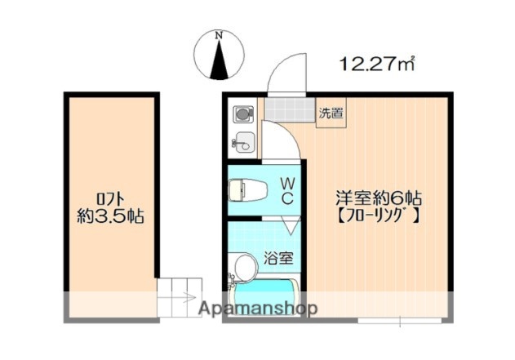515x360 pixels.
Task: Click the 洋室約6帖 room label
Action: [x=378, y=198]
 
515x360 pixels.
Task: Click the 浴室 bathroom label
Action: [x=279, y=259]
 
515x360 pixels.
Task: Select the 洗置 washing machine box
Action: [x=330, y=113]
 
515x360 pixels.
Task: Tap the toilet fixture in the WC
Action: [x=246, y=189]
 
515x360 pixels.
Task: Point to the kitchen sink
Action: [x=242, y=142]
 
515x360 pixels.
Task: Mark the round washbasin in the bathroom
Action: [x=242, y=264]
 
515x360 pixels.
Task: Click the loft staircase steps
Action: [x=177, y=297]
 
